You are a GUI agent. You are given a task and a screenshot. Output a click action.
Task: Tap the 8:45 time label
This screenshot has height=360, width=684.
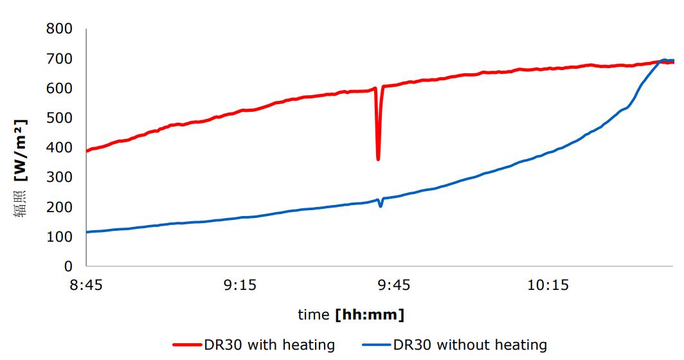tap(87, 285)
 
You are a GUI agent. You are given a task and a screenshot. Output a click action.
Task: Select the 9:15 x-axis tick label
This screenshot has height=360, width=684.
tap(240, 285)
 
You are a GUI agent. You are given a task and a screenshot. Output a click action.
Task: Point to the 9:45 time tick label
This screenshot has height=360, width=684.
tap(393, 285)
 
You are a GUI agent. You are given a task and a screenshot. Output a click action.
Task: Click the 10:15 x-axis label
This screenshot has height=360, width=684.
tap(547, 285)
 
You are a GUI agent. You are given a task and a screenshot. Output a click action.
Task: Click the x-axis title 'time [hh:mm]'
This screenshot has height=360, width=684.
tap(350, 315)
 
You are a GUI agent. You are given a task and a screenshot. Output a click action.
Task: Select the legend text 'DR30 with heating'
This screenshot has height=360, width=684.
tap(269, 345)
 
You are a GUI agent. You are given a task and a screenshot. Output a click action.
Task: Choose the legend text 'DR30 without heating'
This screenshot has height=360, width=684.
tap(470, 345)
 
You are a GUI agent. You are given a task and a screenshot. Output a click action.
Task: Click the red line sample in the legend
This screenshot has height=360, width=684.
tap(187, 345)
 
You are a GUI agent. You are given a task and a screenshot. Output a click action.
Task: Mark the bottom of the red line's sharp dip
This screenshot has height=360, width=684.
tap(378, 159)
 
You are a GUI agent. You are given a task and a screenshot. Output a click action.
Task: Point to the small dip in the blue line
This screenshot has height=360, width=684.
tap(381, 206)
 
